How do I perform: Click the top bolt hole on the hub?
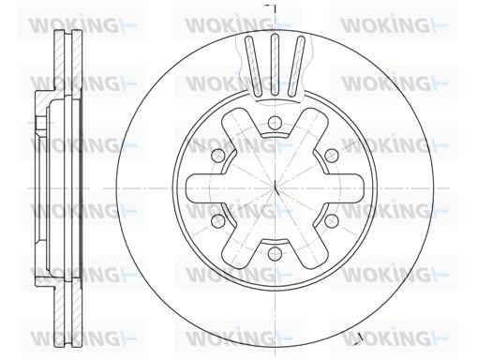click(x=274, y=123)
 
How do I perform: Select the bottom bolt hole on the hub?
click(x=274, y=252)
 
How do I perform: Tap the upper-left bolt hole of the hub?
click(x=217, y=155)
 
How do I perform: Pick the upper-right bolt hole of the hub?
click(x=331, y=155)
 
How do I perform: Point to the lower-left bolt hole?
click(x=217, y=220)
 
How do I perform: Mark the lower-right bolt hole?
click(x=331, y=220)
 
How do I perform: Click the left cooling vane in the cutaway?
click(x=253, y=65)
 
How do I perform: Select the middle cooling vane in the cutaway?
click(x=275, y=65)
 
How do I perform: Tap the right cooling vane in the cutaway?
click(x=296, y=65)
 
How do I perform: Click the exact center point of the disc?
click(x=275, y=188)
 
